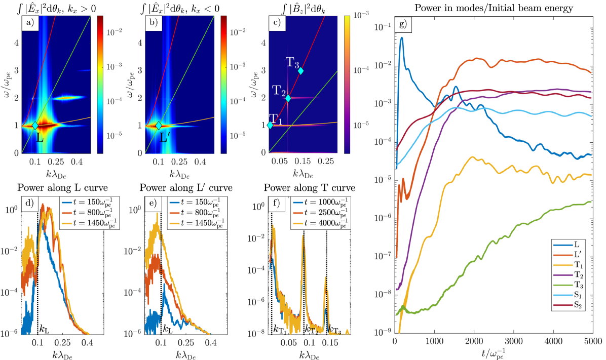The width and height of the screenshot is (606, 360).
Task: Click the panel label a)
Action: pos(29,22)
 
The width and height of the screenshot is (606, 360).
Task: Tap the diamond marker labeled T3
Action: pos(300,71)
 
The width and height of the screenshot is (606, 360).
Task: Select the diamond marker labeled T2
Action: pos(288,98)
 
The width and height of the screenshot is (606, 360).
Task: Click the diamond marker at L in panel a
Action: pos(35,125)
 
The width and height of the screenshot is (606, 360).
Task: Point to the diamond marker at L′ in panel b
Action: pos(159,125)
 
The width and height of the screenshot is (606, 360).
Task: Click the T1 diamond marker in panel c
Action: pos(270,125)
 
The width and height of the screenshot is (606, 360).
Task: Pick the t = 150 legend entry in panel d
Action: pos(83,202)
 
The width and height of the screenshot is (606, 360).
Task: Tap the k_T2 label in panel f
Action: pos(311,329)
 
